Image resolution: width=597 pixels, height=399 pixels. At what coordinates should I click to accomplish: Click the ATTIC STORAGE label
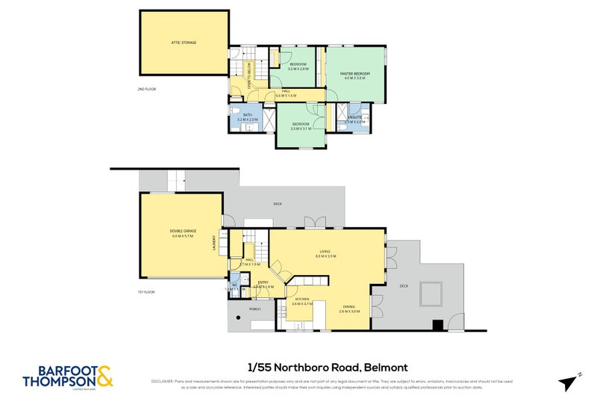tap(184, 43)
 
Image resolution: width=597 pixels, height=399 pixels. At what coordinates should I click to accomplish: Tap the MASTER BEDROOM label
tap(354, 74)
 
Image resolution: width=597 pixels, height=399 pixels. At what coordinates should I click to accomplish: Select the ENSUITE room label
tap(355, 117)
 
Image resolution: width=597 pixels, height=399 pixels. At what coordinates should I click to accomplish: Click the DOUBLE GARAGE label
tap(182, 232)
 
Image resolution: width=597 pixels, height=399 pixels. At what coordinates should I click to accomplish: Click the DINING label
tap(349, 307)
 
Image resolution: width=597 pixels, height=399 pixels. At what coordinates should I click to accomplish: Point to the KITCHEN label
tap(301, 299)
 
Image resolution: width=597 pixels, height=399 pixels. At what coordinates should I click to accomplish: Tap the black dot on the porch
tap(239, 318)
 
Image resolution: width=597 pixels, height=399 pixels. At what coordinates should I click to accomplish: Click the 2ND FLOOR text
tap(146, 89)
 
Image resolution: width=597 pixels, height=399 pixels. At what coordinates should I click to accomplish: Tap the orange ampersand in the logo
tap(104, 375)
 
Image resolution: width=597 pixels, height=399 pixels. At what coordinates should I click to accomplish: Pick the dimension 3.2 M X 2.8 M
tap(298, 69)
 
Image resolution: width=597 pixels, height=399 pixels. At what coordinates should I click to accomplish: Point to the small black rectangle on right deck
tap(438, 324)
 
